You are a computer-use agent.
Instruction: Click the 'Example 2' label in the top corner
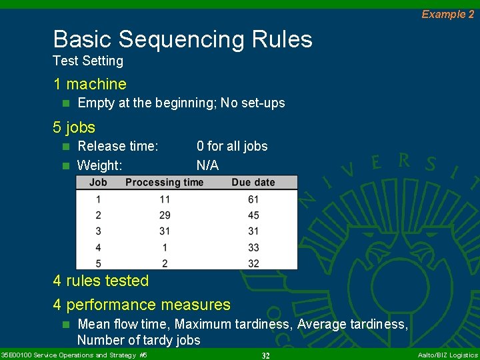(447, 14)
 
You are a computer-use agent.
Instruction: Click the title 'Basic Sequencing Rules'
(183, 39)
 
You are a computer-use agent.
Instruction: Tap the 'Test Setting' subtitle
(88, 61)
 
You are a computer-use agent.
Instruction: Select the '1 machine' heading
(90, 84)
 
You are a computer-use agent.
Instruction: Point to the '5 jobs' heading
(74, 127)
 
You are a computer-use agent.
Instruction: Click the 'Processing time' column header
(164, 182)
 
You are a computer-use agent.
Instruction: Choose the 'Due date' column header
(253, 182)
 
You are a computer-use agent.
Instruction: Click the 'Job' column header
(98, 182)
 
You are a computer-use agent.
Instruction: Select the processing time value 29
(165, 215)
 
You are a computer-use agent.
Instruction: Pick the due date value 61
(253, 199)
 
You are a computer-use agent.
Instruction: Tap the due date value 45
(253, 215)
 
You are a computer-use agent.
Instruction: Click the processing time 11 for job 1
(165, 199)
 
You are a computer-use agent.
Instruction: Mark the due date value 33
(253, 247)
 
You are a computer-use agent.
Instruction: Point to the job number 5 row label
(98, 263)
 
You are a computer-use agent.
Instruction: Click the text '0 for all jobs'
(232, 146)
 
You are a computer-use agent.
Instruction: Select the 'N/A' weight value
(207, 165)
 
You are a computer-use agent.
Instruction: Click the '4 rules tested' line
(101, 281)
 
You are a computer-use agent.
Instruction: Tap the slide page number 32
(265, 355)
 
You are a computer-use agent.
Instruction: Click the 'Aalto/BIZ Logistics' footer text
(447, 355)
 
